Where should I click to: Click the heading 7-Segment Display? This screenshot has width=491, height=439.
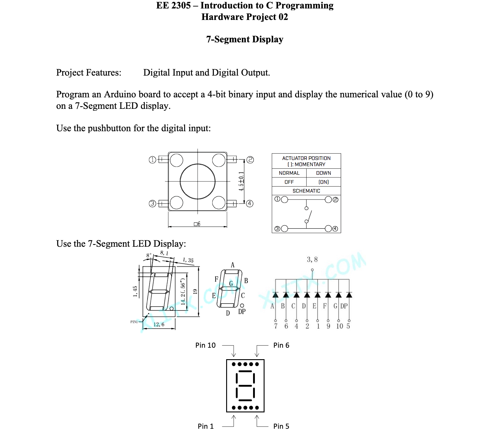coord(245,40)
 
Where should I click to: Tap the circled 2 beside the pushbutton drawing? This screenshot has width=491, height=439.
coord(250,160)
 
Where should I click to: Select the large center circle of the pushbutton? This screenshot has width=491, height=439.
coord(197,181)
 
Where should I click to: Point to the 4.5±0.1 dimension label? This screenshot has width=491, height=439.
coord(241,181)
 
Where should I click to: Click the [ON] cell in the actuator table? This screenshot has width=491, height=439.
coord(324,182)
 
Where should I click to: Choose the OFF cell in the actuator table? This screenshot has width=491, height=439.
coord(289,182)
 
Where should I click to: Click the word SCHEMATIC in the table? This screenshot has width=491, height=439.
coord(306,191)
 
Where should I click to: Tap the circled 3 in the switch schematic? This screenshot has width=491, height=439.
coord(277,229)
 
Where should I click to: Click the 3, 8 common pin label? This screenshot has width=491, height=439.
coord(312,259)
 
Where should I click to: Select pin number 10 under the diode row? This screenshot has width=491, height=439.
coord(340,326)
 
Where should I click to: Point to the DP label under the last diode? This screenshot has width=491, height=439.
coord(344,306)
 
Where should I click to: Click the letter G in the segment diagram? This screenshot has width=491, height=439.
coord(231,283)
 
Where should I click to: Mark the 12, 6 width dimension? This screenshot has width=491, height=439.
coord(159,324)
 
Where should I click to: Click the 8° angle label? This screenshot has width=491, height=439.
coord(149,255)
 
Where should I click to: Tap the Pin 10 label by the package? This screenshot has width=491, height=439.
coord(205,345)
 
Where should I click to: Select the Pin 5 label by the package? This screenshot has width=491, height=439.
coord(281,426)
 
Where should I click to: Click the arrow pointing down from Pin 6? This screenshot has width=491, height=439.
coord(257,353)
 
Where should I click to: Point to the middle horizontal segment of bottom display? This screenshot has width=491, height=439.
coord(245,386)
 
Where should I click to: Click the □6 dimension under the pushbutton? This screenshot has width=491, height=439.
coord(197,224)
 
